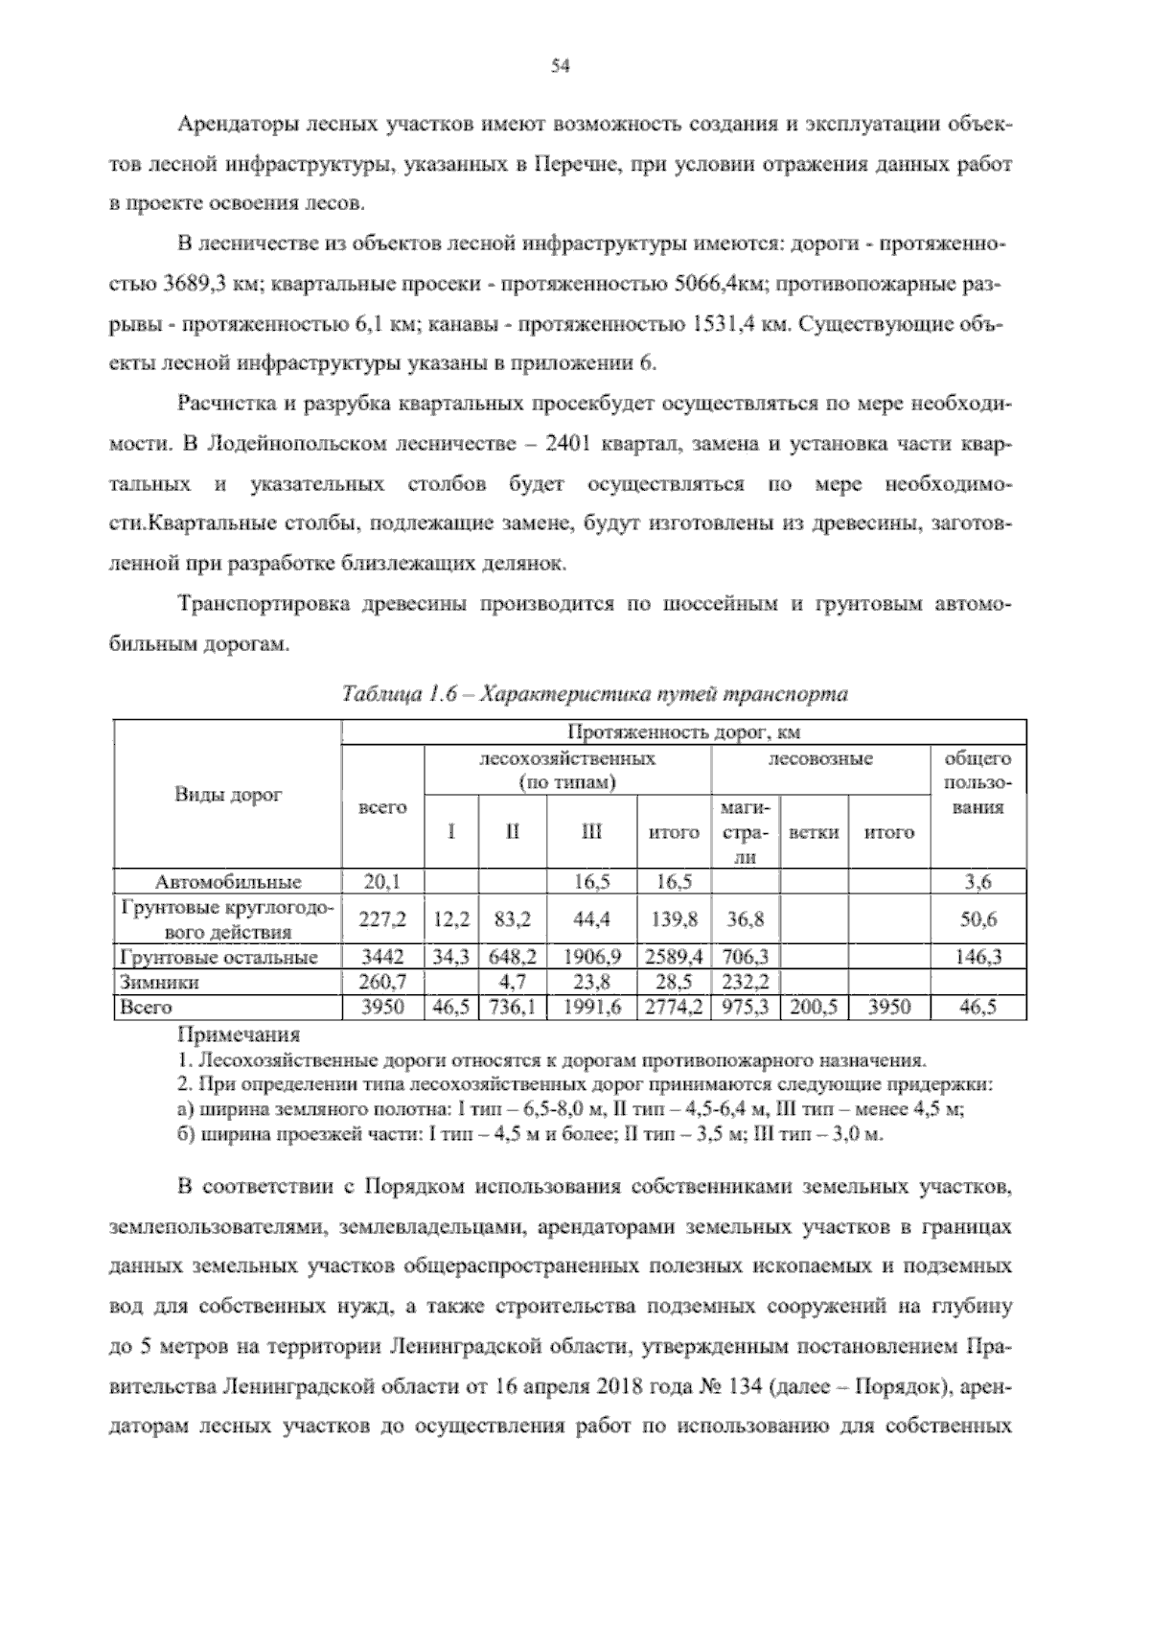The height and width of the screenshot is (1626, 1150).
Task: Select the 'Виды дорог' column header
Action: point(228,795)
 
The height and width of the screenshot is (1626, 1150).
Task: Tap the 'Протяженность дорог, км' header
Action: point(684,733)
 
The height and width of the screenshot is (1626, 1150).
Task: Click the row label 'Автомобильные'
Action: point(228,882)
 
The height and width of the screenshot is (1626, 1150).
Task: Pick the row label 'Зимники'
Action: point(147,982)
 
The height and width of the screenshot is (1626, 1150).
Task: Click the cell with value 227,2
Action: point(382,919)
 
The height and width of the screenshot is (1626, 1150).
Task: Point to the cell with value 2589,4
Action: point(674,957)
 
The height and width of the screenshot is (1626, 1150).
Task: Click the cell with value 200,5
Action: point(813,1008)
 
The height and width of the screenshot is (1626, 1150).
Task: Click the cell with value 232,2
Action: point(746,982)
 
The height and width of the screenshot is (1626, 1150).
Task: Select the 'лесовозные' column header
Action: point(820,759)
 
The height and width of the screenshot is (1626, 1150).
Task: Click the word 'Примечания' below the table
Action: point(239,1035)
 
